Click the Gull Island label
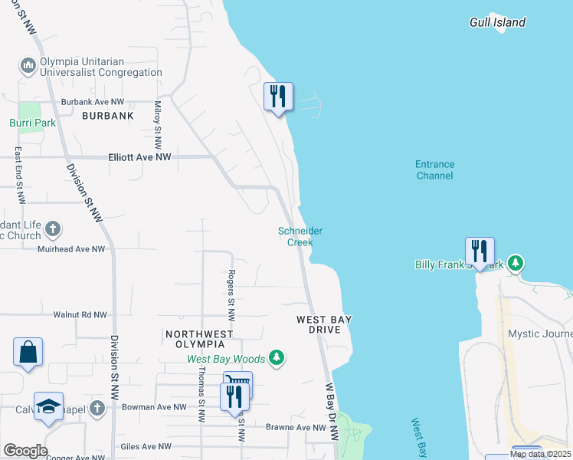pyautogui.click(x=497, y=22)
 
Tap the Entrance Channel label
pyautogui.click(x=434, y=169)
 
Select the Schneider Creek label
pyautogui.click(x=300, y=236)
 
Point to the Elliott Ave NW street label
pyautogui.click(x=137, y=156)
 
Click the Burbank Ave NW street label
pyautogui.click(x=93, y=101)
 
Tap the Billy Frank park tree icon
pyautogui.click(x=516, y=264)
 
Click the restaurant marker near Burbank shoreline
pyautogui.click(x=278, y=97)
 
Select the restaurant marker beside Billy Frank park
pyautogui.click(x=480, y=251)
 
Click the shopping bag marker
pyautogui.click(x=28, y=353)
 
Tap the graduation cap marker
pyautogui.click(x=48, y=407)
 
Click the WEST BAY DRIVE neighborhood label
pyautogui.click(x=324, y=324)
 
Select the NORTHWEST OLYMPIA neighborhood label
pyautogui.click(x=199, y=339)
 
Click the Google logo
pyautogui.click(x=25, y=451)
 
